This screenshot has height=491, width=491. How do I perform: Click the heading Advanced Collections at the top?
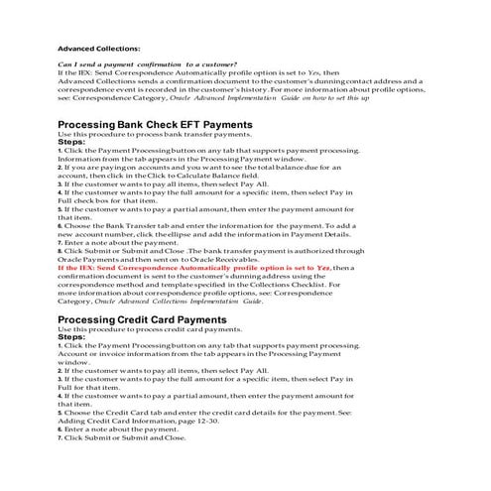[x=98, y=47]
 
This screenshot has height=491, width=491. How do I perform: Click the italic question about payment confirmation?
[x=148, y=64]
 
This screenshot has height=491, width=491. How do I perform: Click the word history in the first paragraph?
[x=297, y=89]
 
